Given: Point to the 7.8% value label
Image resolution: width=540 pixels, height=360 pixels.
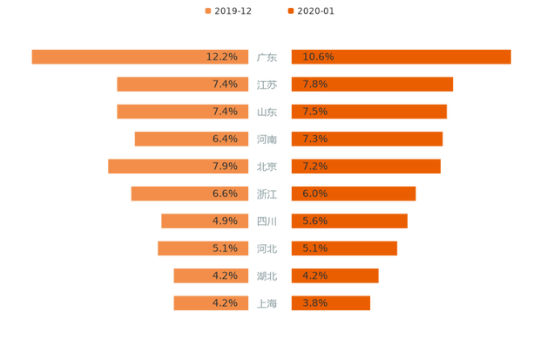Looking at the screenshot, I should [315, 85].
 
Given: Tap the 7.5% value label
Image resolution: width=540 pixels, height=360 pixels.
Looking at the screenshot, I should [315, 112].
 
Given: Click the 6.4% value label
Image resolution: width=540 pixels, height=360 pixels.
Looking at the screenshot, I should [225, 139].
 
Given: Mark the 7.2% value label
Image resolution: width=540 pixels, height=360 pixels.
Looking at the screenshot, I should [315, 166].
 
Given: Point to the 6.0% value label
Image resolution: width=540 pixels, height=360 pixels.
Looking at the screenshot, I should [315, 194].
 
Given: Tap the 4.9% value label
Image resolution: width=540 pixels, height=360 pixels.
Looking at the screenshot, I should [225, 221].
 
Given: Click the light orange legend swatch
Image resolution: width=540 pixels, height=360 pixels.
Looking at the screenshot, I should [207, 11].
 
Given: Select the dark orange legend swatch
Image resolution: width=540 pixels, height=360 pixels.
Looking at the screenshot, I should [290, 11].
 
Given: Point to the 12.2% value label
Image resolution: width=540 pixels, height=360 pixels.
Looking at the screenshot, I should [221, 57].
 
